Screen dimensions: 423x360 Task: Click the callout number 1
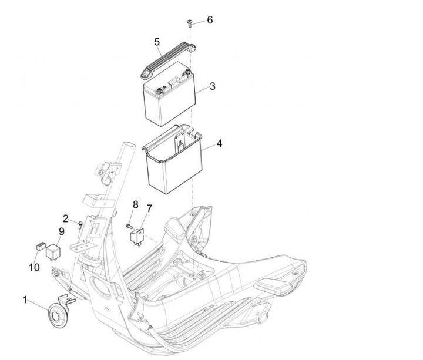[25, 300]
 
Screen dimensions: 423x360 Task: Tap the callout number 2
[66, 218]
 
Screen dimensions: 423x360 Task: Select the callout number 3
[213, 86]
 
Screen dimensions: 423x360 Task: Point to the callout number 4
[219, 143]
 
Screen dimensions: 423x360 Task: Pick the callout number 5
[157, 42]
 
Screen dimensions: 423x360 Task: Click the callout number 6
[210, 20]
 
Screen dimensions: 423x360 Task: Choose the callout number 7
[149, 208]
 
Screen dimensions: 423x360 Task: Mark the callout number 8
[136, 205]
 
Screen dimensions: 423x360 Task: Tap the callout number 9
[62, 231]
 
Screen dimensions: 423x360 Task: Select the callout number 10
[34, 268]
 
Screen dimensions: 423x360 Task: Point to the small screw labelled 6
[190, 23]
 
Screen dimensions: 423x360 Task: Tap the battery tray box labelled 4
[173, 159]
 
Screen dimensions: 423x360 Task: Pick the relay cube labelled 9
[53, 251]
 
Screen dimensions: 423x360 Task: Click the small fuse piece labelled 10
[41, 247]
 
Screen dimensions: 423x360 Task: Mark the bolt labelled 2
[80, 224]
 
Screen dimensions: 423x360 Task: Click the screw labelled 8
[129, 226]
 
